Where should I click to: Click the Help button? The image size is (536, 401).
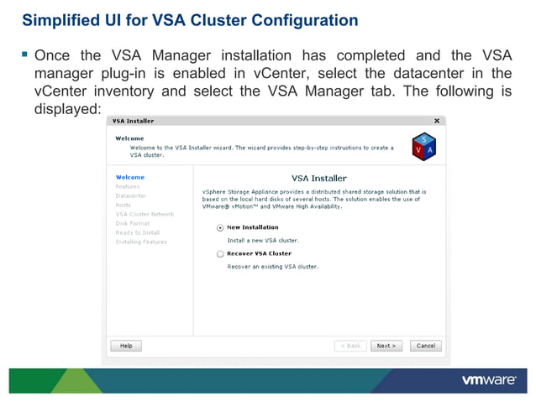[126, 346]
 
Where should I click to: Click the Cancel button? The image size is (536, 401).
[426, 346]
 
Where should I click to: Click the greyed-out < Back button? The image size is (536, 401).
[351, 346]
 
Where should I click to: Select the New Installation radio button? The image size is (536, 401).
[220, 227]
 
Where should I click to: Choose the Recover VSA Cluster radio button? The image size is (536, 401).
[220, 253]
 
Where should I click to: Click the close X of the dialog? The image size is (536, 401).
[437, 121]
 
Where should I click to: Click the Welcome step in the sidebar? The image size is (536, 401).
[130, 177]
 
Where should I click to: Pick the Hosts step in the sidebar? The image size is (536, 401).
[123, 205]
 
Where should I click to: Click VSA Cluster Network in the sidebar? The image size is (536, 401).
[145, 214]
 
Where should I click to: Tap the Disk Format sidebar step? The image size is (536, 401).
[133, 223]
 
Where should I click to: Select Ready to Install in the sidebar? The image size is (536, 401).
[138, 232]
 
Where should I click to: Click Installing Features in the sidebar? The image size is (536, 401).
[141, 242]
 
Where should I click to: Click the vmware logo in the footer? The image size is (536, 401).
[488, 380]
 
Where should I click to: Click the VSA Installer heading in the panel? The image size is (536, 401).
[318, 179]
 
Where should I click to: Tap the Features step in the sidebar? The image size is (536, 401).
[128, 186]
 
